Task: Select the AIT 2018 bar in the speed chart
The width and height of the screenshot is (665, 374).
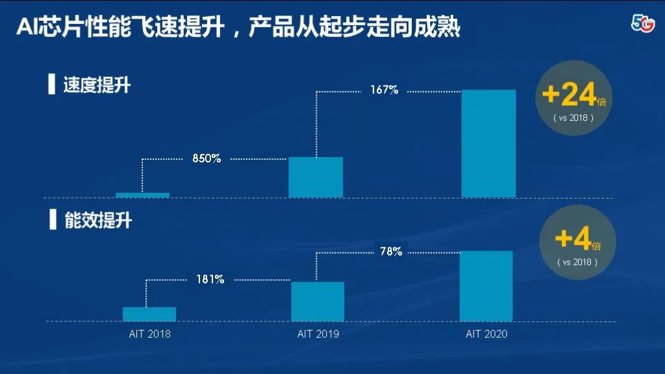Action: (142, 195)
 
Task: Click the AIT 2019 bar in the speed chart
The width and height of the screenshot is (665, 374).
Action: (316, 177)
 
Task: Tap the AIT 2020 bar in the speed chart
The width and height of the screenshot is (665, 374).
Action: (488, 143)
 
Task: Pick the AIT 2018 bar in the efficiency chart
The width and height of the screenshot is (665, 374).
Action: (149, 314)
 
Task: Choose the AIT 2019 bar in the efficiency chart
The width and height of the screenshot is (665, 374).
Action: (318, 301)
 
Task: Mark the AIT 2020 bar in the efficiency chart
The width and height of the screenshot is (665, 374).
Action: (486, 286)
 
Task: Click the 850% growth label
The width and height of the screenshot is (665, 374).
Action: (207, 158)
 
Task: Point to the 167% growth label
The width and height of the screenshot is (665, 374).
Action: (384, 90)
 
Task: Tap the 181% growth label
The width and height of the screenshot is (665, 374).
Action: (210, 279)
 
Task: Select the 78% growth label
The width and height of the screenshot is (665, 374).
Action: (391, 251)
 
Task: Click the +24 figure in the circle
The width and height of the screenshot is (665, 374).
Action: (569, 95)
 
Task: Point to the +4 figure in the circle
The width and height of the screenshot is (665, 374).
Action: (573, 240)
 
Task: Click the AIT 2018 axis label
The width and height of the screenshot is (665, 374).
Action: (149, 334)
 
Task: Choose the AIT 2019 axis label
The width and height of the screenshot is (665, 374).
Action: (318, 334)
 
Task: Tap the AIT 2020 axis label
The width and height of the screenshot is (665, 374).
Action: (486, 334)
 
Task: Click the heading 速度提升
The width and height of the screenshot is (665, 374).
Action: (97, 85)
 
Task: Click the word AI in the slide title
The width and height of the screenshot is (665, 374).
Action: (28, 28)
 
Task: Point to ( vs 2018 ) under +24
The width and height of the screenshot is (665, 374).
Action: (573, 118)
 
